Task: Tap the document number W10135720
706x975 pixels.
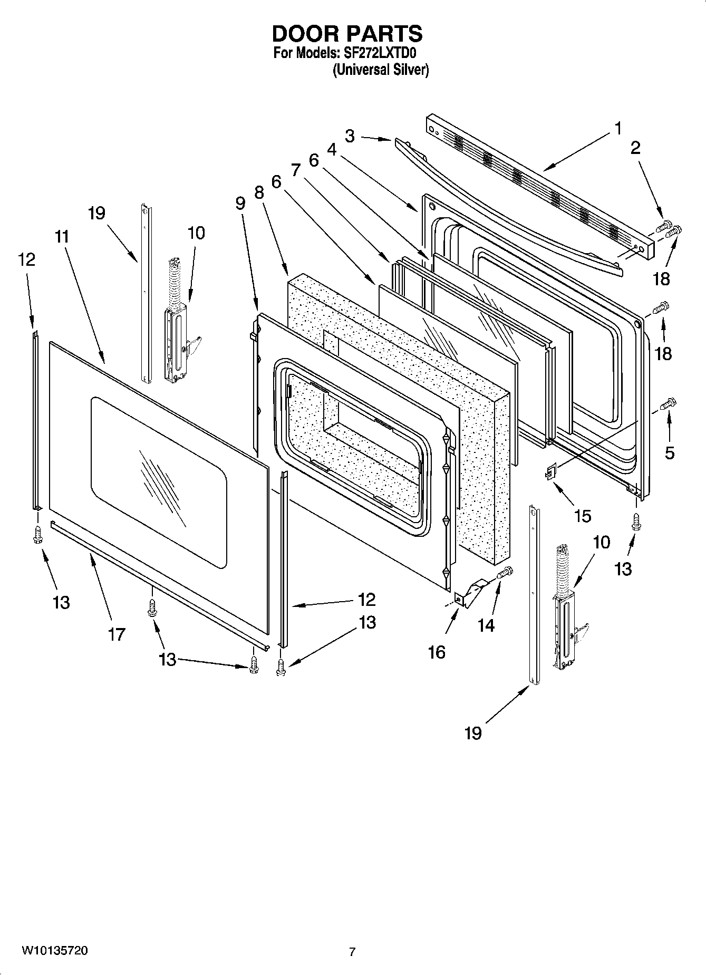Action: click(55, 951)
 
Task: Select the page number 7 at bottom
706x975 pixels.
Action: click(352, 952)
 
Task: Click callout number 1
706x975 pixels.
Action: click(617, 128)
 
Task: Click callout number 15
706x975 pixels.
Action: click(583, 516)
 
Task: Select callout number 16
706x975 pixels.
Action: click(437, 652)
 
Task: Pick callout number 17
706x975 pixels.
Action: click(117, 634)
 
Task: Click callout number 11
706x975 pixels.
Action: click(62, 236)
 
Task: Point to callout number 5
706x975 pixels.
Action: click(670, 452)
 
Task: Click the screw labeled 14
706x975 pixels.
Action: click(504, 572)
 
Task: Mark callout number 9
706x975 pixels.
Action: click(240, 203)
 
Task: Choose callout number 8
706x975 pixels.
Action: click(258, 192)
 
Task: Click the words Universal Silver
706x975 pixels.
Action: click(380, 70)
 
